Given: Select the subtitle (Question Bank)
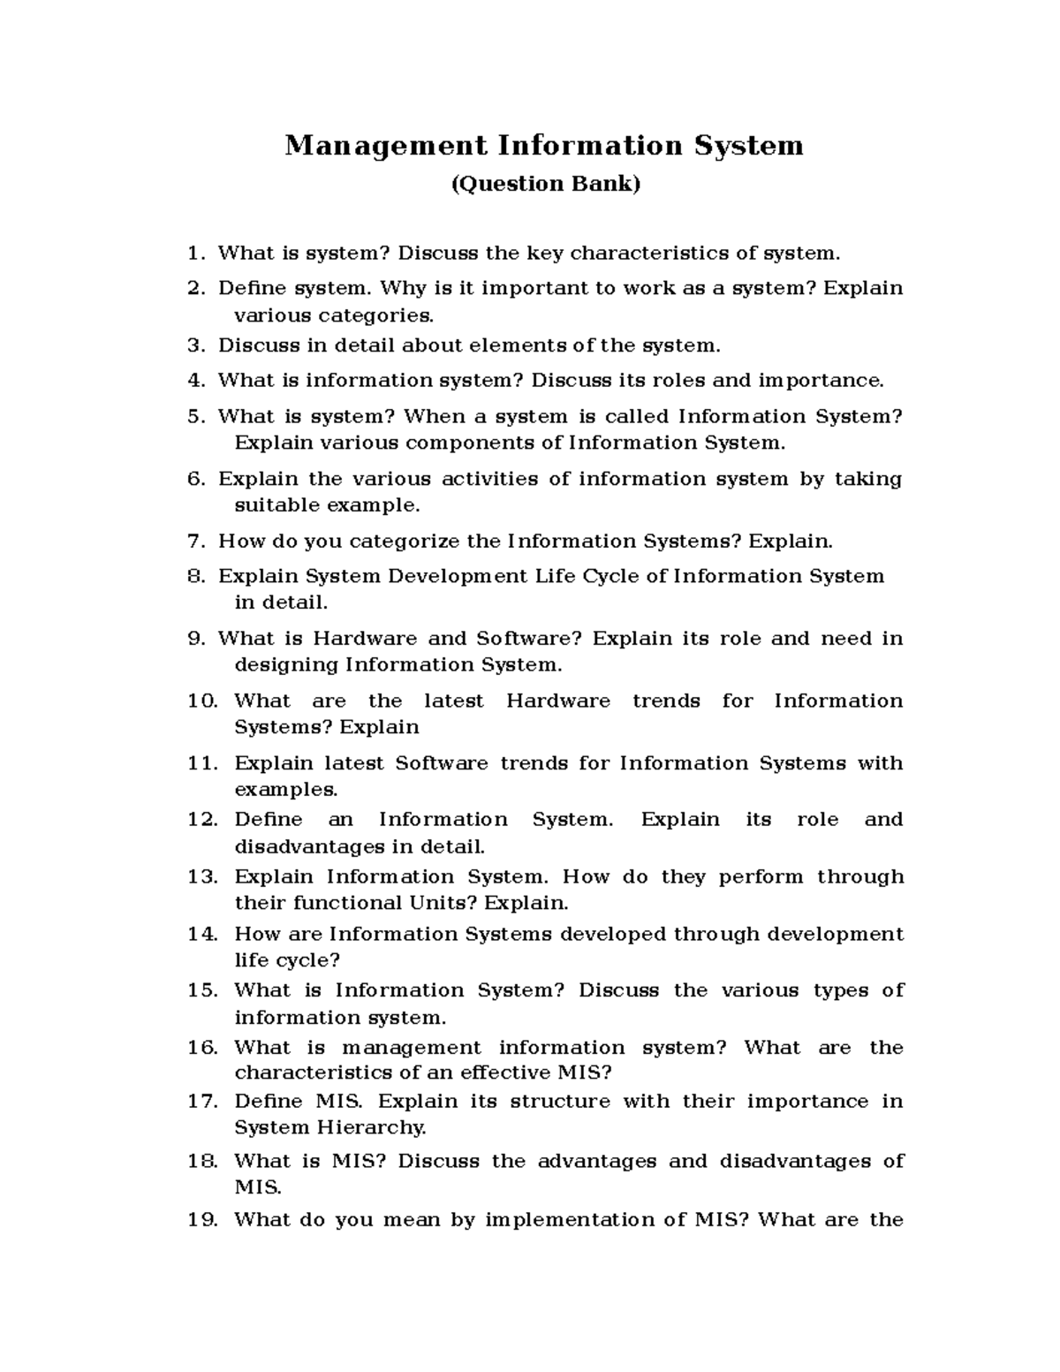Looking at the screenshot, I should click(544, 184).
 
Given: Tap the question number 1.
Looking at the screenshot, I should click(194, 254).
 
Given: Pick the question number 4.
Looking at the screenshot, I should click(195, 381).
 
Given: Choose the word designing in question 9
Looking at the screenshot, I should click(286, 664).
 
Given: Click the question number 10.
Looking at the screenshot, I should click(202, 701).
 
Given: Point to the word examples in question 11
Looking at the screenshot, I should click(285, 789).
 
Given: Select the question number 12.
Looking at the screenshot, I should click(202, 820).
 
